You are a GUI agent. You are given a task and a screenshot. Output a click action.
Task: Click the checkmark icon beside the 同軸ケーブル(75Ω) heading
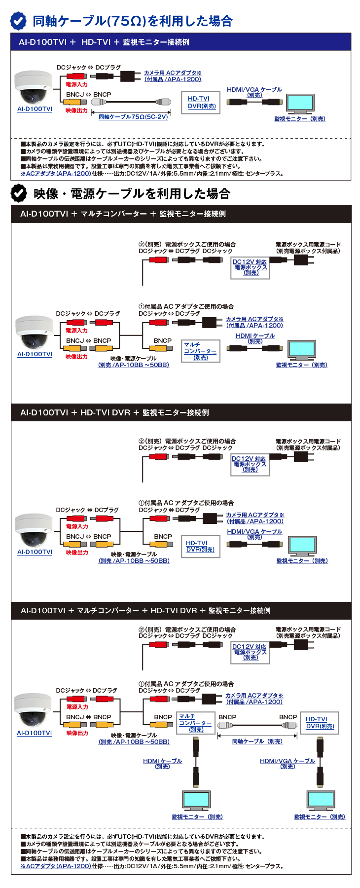(18, 21)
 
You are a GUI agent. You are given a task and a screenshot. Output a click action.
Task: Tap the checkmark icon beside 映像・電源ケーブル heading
(19, 193)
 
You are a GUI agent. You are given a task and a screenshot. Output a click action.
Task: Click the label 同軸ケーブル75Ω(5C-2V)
(133, 117)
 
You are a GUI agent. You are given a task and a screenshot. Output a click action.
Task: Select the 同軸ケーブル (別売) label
(257, 741)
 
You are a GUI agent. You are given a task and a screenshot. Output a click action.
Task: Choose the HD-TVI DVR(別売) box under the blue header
(202, 102)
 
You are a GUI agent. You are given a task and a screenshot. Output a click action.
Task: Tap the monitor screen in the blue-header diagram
(300, 103)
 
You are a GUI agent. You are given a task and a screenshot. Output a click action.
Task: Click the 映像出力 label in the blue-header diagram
(76, 111)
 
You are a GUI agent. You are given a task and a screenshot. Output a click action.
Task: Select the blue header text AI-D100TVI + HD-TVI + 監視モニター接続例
(104, 42)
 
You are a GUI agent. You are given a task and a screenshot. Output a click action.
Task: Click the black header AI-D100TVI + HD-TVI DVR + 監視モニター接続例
(114, 412)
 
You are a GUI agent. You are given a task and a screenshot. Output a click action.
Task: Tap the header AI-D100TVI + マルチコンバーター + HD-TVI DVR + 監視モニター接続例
(145, 610)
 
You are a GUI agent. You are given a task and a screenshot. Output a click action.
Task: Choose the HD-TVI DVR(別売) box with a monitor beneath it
(320, 723)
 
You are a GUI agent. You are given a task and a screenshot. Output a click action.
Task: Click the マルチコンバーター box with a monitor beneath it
(196, 723)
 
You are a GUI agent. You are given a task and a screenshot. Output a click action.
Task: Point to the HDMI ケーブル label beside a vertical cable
(162, 763)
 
